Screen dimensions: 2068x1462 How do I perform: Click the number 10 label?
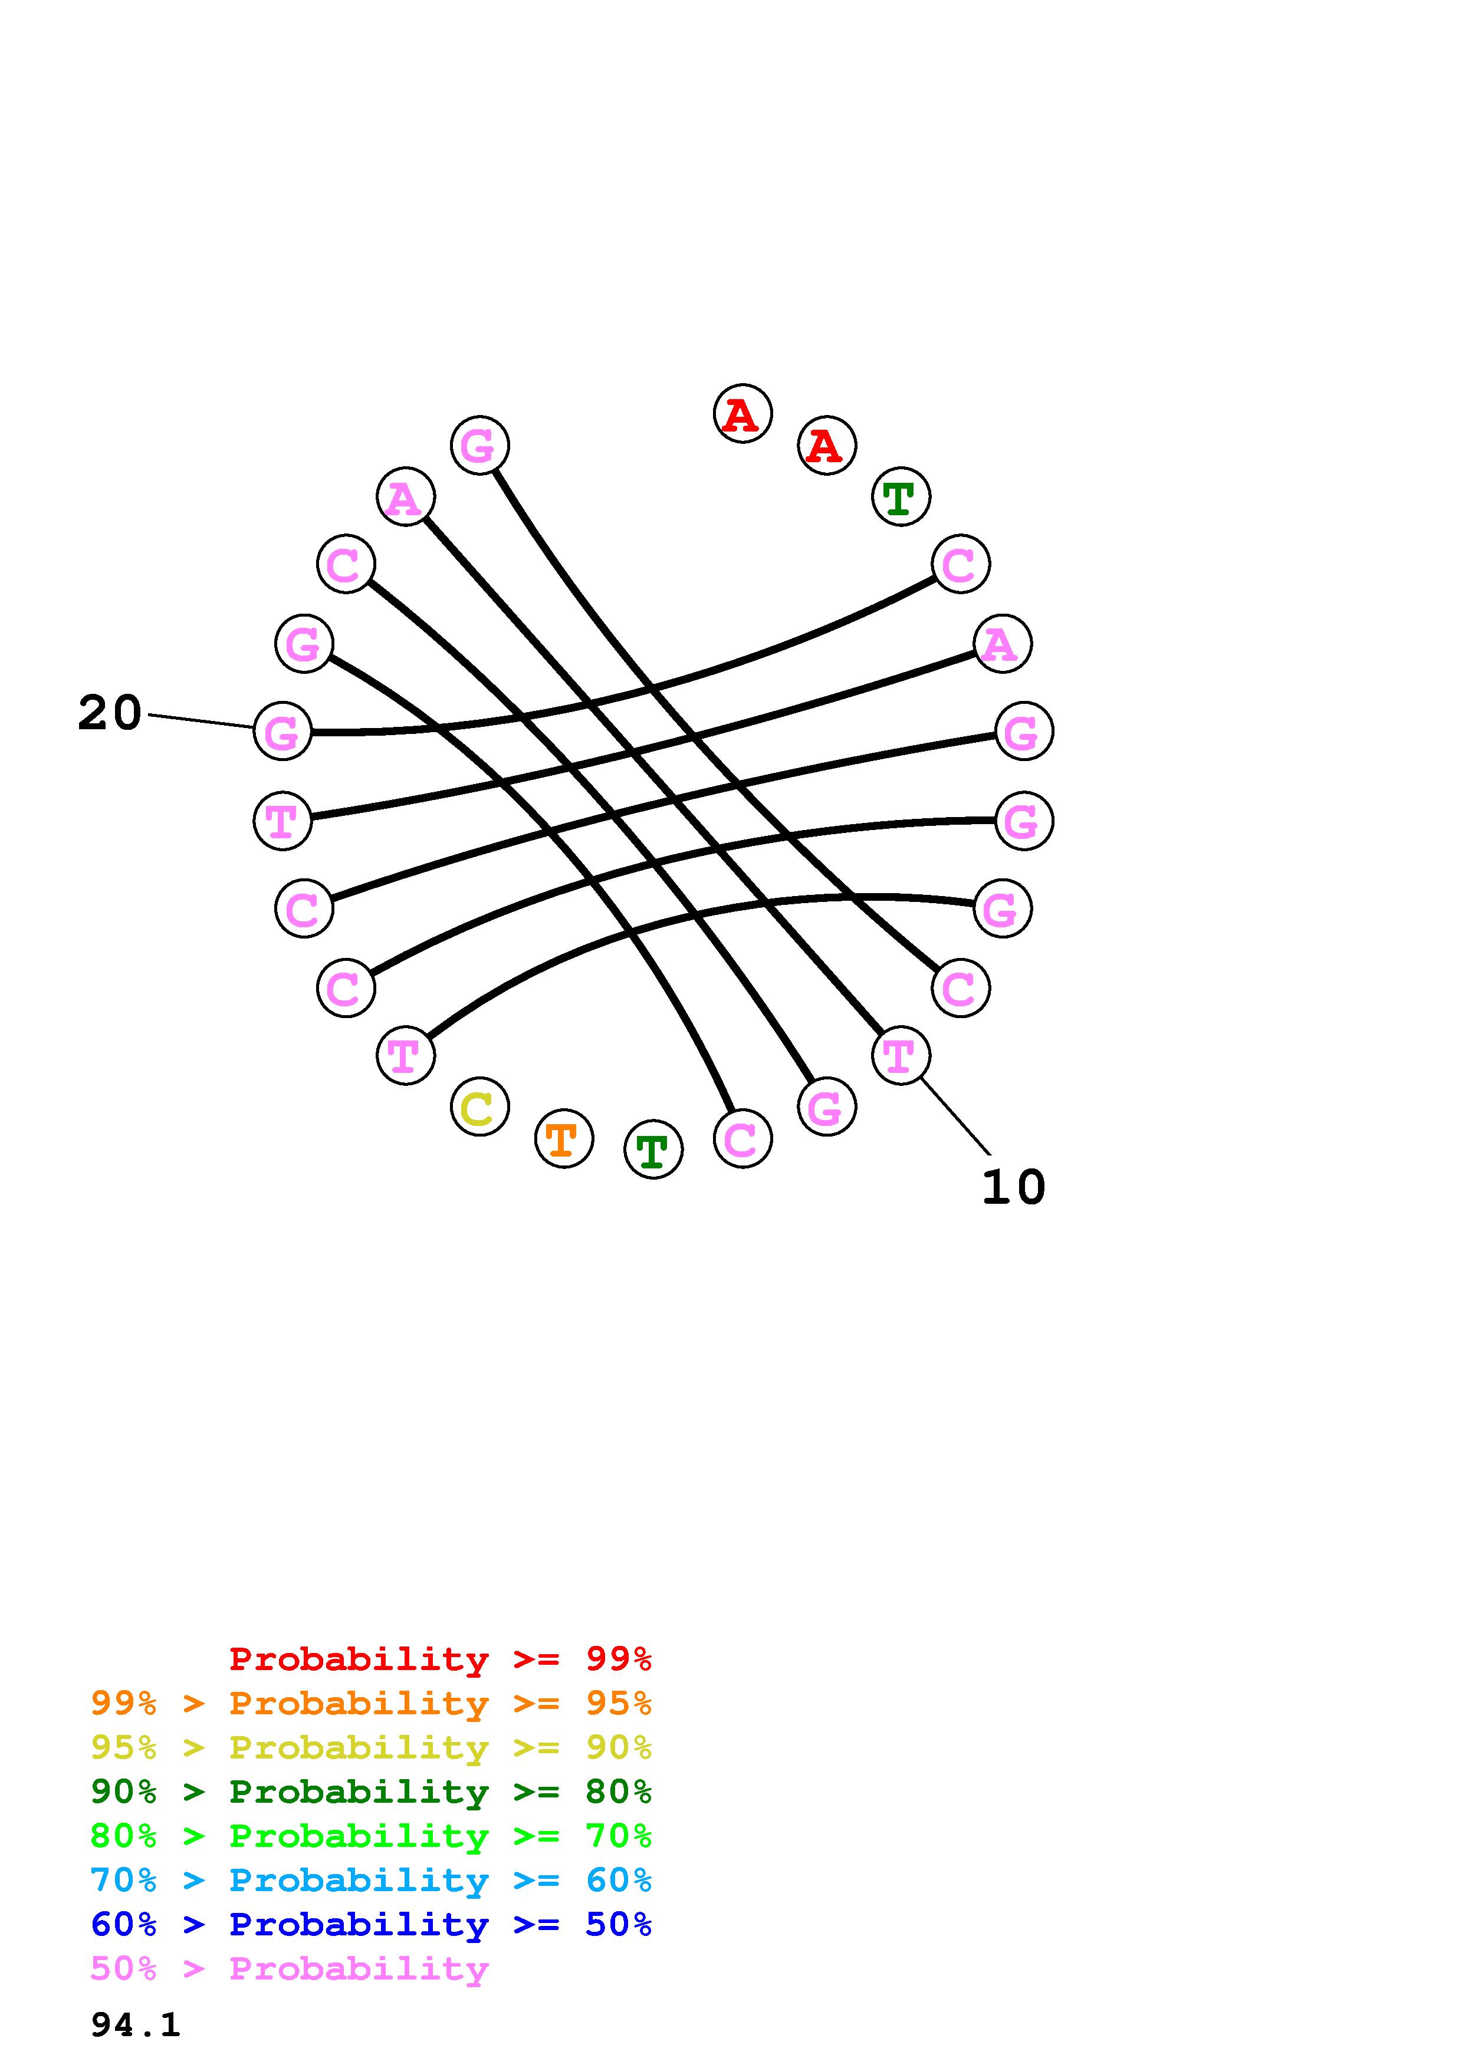click(1013, 1187)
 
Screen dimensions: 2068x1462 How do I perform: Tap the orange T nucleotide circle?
click(564, 1140)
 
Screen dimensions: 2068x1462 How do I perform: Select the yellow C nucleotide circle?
click(479, 1107)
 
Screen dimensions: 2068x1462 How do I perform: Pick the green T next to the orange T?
click(653, 1150)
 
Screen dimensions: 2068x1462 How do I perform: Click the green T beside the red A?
click(901, 497)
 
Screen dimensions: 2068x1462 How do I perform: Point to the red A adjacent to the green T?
click(826, 446)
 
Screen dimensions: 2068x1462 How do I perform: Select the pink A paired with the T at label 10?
click(405, 497)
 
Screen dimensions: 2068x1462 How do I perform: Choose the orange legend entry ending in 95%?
click(370, 1703)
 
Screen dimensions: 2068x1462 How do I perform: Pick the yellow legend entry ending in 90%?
click(370, 1747)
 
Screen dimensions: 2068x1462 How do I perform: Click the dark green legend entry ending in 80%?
click(370, 1792)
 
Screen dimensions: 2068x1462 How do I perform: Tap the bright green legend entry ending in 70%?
click(370, 1836)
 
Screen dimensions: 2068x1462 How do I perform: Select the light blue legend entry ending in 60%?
click(370, 1880)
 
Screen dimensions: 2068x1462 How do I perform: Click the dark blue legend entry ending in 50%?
click(370, 1924)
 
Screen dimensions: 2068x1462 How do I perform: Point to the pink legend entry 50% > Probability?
click(289, 1968)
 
